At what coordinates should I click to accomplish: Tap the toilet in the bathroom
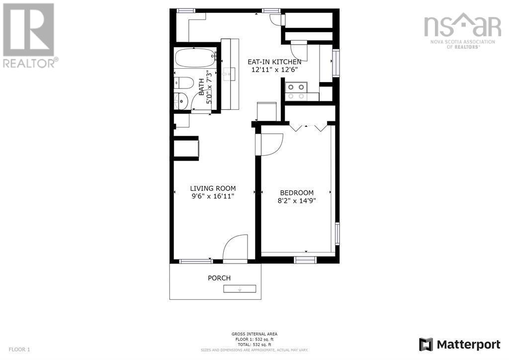(184, 83)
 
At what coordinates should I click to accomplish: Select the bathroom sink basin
(182, 100)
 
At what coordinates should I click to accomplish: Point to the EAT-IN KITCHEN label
(274, 62)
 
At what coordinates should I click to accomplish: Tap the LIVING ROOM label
(213, 188)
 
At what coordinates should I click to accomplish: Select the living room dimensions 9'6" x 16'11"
(213, 196)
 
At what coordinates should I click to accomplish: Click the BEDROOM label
(297, 193)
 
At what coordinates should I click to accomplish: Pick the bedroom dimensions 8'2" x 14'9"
(297, 201)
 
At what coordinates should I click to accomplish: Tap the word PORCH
(219, 278)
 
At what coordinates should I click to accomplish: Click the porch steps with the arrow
(240, 289)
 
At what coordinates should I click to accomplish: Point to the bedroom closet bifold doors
(309, 127)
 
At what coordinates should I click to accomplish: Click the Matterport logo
(459, 344)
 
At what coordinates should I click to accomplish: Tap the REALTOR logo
(28, 35)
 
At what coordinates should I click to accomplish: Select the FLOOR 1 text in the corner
(19, 350)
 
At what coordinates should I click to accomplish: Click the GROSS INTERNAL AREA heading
(254, 334)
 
